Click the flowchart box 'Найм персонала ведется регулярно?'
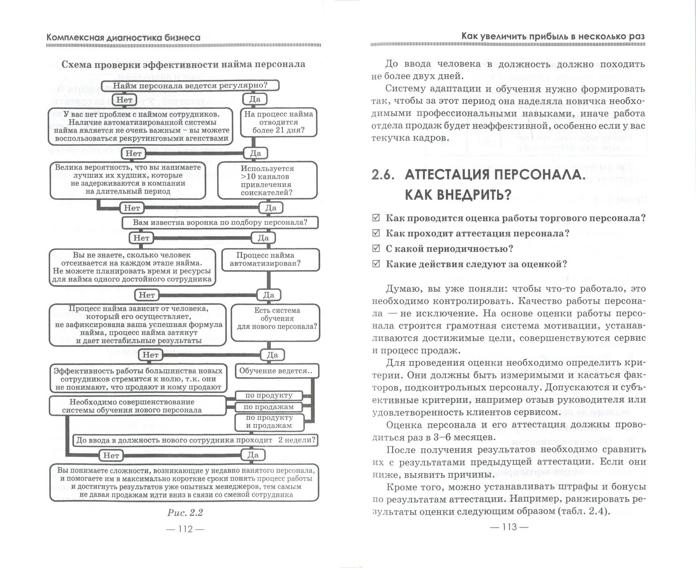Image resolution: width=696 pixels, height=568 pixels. pos(190,85)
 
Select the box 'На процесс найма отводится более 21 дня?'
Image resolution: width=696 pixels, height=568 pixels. pos(278,122)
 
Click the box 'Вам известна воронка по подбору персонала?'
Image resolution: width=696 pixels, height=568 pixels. pos(220,222)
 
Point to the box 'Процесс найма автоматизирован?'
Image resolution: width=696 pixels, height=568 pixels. pos(270,259)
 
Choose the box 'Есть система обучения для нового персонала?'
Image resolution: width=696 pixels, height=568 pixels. pos(277,319)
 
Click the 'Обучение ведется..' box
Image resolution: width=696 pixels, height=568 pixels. pos(276,371)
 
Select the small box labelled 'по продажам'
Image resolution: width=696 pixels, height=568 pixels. pos(269,407)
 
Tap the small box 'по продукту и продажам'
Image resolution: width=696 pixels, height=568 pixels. pos(269,422)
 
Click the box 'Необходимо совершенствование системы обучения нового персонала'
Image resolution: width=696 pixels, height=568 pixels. pos(137,406)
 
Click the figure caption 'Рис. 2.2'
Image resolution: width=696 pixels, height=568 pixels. pos(185,512)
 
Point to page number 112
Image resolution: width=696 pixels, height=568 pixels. pos(184,529)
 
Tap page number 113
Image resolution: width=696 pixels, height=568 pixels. pos(509,527)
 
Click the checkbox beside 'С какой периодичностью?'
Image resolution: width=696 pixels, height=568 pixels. pos(376,248)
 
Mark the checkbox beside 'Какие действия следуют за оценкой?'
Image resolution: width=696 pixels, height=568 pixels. pos(376,264)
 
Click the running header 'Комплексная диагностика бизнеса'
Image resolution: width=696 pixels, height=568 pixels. pos(123,37)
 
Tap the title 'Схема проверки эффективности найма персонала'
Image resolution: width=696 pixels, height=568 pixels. pos(183,64)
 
